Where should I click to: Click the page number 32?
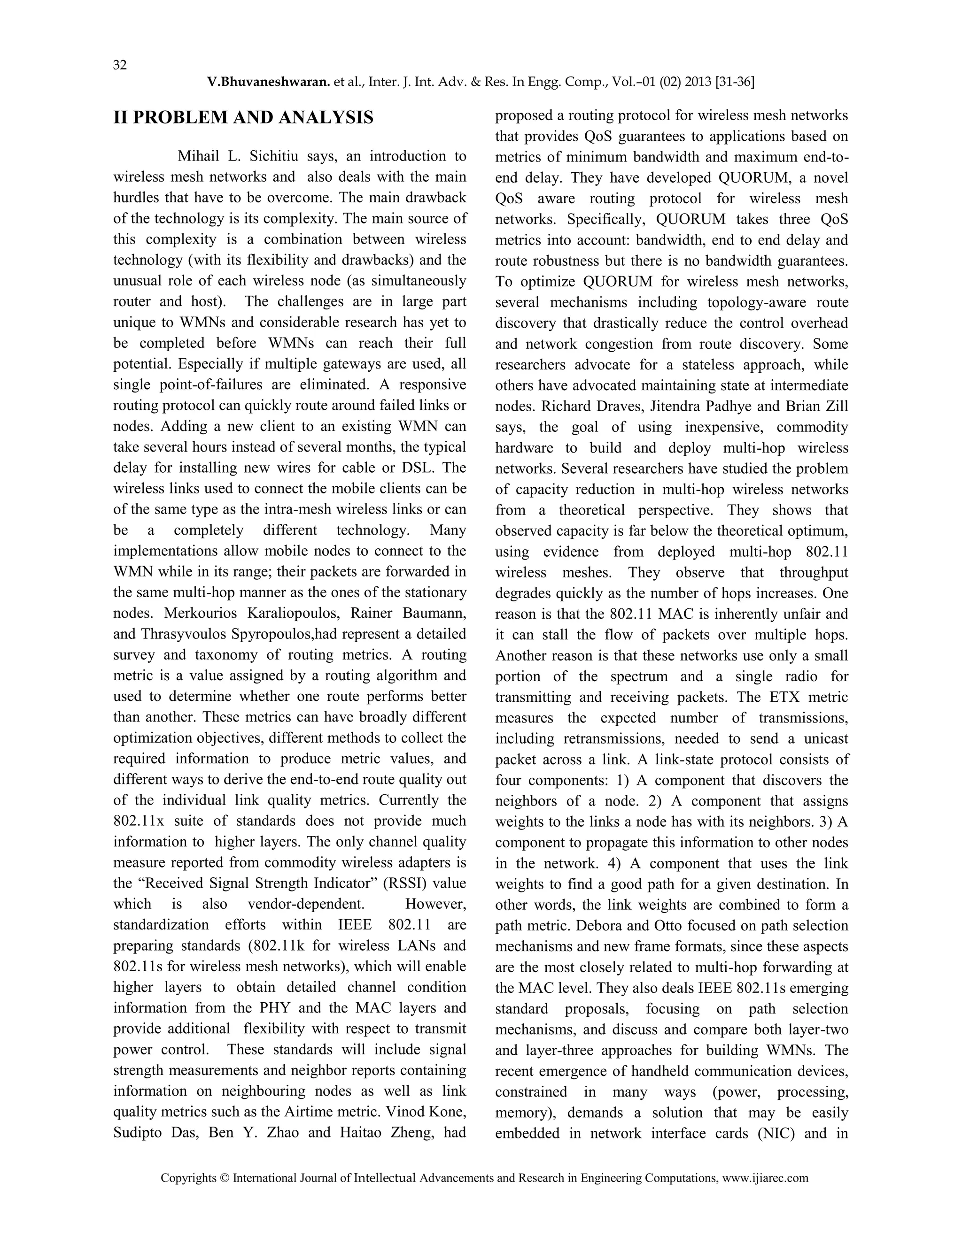[120, 65]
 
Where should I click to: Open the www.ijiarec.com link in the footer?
[765, 1178]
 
